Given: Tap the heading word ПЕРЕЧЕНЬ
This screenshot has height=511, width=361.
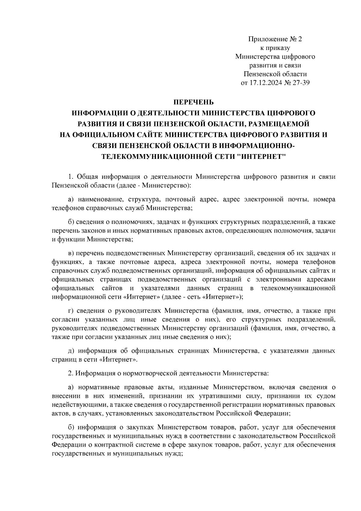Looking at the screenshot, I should [193, 102].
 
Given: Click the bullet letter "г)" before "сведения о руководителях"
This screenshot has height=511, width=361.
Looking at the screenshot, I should [71, 311].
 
